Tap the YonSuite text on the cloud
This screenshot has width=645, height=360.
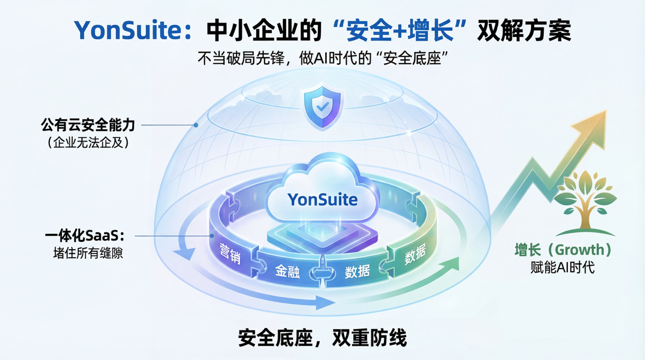coord(322,199)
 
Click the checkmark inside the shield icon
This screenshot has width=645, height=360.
coord(322,107)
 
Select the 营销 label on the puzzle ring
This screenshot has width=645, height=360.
coord(230,253)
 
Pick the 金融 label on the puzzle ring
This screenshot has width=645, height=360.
coord(287,271)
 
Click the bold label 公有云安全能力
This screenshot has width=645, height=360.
coord(88,125)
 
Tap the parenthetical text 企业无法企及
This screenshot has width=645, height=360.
coord(88,142)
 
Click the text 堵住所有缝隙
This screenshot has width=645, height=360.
coord(88,253)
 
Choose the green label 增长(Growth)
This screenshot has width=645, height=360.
coord(563,250)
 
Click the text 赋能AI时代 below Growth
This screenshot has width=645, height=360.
coord(563,267)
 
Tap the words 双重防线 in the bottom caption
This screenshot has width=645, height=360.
coord(370,338)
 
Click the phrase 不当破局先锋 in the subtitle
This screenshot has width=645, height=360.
coord(241,58)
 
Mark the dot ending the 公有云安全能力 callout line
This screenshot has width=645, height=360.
coord(196,125)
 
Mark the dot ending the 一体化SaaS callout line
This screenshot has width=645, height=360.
coord(212,236)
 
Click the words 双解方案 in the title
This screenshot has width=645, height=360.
coord(524,30)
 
